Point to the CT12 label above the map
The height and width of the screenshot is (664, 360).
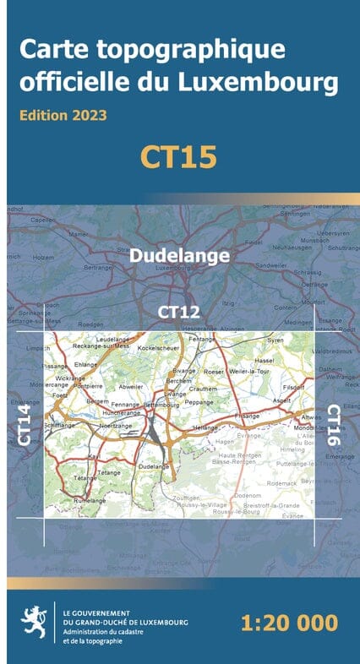[x=180, y=312]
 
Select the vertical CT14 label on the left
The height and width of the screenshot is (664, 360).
[x=25, y=424]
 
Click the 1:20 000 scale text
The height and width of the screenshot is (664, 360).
[x=289, y=624]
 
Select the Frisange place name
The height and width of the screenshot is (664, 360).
[x=248, y=416]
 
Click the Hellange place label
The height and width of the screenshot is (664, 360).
[x=205, y=428]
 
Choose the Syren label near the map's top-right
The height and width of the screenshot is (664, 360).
[x=275, y=340]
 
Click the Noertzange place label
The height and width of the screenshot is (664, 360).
[x=117, y=426]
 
